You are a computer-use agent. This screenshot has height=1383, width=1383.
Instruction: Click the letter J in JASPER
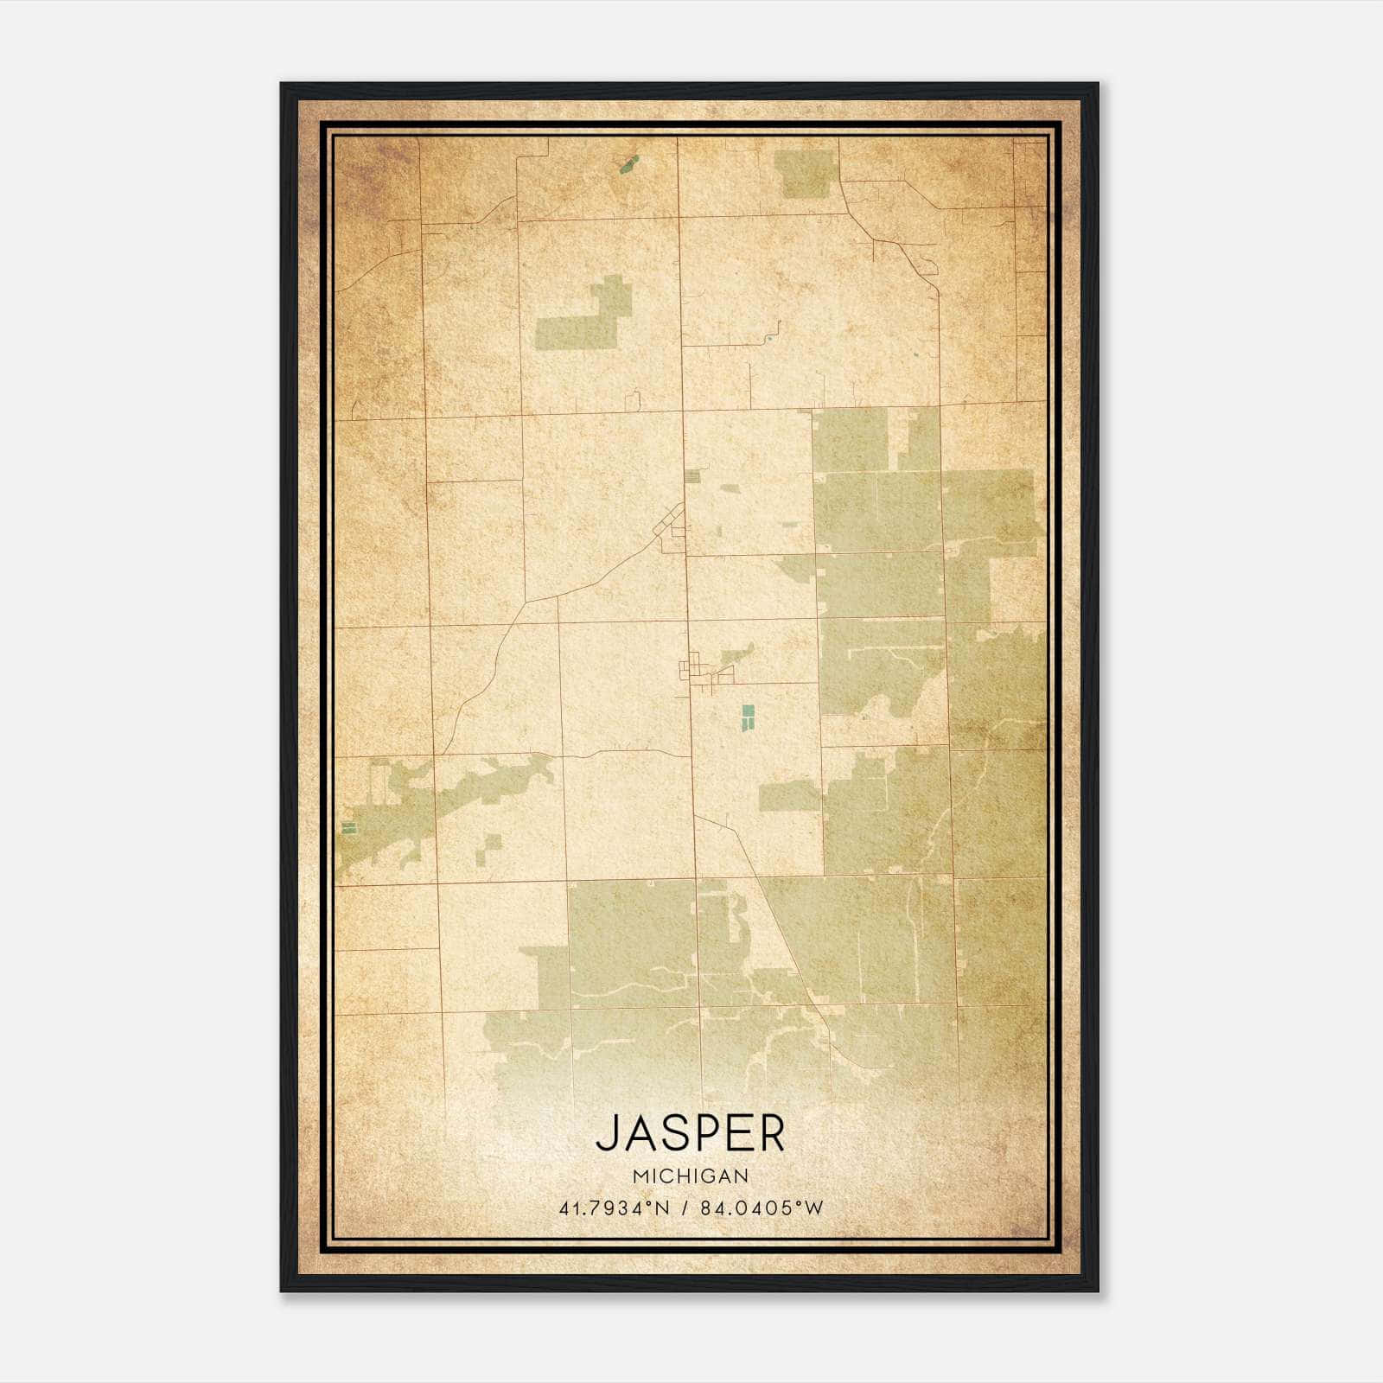pos(609,1134)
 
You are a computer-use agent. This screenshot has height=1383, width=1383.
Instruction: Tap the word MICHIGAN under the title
pos(690,1176)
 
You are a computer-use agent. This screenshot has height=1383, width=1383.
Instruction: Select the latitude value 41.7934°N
pos(614,1208)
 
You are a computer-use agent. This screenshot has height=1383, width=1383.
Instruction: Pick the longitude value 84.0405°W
pos(762,1208)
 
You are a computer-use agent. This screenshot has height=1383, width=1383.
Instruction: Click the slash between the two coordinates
pos(685,1208)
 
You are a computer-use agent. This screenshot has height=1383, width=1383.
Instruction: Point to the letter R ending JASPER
pos(771,1134)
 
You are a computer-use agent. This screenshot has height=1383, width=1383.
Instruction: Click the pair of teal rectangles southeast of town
pos(748,717)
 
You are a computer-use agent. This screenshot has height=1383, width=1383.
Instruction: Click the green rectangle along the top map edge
pos(805,174)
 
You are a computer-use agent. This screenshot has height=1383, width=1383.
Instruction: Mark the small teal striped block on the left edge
pos(348,827)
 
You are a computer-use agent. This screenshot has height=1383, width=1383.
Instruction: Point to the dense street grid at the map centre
pos(695,670)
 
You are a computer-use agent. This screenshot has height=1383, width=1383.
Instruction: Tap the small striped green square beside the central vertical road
pos(692,475)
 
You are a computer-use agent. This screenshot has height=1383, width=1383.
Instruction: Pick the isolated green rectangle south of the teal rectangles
pos(788,795)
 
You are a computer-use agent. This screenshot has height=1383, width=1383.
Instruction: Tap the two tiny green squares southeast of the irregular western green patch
pos(488,847)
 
